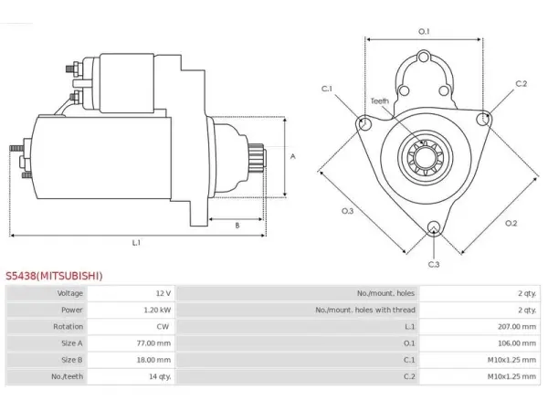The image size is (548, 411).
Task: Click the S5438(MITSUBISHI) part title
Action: (x=54, y=276)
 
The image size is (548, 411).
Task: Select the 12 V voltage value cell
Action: (x=163, y=293)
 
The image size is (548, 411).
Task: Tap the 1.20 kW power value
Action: (x=157, y=310)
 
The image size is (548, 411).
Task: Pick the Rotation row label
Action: (x=68, y=326)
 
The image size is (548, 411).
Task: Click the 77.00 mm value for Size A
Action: (x=153, y=343)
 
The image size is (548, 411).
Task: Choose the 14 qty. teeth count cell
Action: (x=160, y=376)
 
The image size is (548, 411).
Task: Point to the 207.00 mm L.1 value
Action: (x=517, y=326)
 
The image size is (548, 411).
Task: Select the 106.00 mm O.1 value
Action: (x=517, y=343)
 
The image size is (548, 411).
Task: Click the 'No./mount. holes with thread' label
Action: (x=365, y=310)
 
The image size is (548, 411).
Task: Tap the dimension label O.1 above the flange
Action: (x=424, y=31)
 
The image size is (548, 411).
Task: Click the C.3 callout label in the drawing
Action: (x=434, y=265)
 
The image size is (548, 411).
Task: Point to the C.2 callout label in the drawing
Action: (x=522, y=83)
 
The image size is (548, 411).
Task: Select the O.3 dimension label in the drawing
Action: (x=347, y=211)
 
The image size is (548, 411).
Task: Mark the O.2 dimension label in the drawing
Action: (x=511, y=224)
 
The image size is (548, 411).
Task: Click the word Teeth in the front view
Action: (x=380, y=101)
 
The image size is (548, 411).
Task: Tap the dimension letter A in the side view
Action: (x=293, y=156)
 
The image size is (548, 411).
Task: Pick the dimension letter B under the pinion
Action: (x=237, y=226)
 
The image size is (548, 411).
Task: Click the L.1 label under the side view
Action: (x=136, y=243)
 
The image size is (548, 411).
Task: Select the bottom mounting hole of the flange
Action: (x=434, y=227)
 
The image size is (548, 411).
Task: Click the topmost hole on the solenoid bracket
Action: (x=424, y=57)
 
